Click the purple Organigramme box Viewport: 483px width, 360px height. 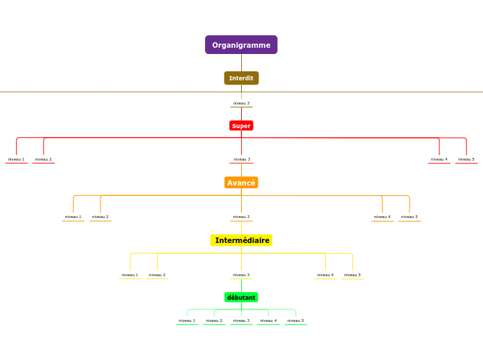(x=241, y=45)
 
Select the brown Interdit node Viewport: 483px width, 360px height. (x=241, y=78)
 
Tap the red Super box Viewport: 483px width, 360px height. (x=241, y=126)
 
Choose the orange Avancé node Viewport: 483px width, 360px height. (x=241, y=183)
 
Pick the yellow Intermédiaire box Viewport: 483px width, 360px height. (x=241, y=240)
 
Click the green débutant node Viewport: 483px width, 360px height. (x=241, y=298)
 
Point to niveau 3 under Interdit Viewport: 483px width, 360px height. (x=241, y=103)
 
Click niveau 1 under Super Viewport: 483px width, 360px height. (x=16, y=159)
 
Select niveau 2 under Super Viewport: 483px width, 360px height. (x=44, y=159)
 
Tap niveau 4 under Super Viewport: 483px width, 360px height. (x=439, y=159)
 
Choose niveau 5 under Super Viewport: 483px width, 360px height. (x=466, y=159)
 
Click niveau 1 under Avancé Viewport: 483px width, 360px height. (x=73, y=217)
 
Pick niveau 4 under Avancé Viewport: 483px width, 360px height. (x=382, y=217)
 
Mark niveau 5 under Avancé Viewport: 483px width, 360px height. (x=410, y=217)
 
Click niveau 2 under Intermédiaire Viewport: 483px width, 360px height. (x=157, y=275)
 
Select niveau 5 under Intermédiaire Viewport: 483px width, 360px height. (x=353, y=275)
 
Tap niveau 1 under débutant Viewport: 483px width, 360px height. (x=186, y=321)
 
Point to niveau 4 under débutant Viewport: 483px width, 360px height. (x=268, y=321)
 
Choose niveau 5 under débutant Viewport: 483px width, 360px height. (x=296, y=321)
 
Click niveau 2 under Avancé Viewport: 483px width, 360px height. (x=100, y=217)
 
